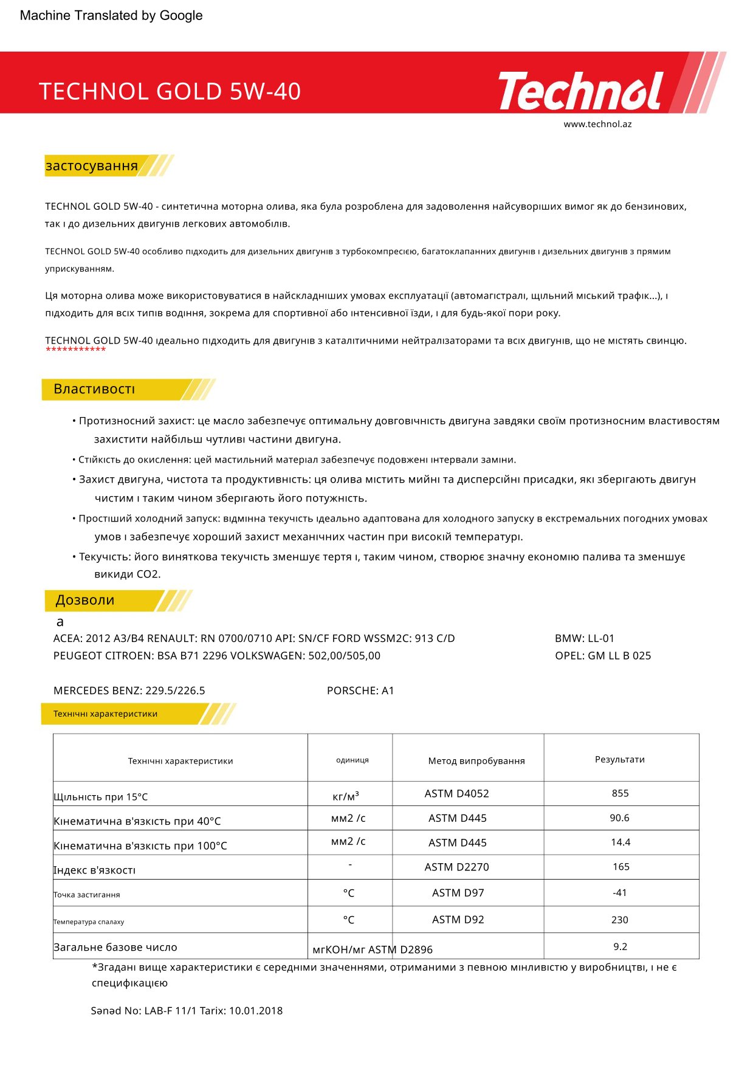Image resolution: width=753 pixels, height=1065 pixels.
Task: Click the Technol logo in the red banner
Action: point(580,91)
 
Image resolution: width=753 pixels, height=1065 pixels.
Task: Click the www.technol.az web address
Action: point(597,124)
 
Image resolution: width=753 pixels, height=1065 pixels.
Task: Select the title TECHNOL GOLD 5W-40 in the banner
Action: point(170,91)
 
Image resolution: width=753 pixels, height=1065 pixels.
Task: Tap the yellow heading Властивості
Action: point(94,389)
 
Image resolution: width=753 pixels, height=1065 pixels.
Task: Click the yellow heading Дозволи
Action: point(85,600)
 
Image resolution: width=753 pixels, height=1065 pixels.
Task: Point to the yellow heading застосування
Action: point(92,166)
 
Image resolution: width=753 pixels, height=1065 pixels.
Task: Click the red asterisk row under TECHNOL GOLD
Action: point(76,350)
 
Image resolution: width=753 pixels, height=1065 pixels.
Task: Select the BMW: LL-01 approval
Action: point(585,638)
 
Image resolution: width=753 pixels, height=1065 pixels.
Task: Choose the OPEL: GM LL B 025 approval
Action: point(603,656)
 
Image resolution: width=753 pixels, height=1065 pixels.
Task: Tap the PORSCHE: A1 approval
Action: point(360,691)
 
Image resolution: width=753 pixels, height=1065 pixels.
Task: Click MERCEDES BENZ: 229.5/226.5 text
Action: point(129,691)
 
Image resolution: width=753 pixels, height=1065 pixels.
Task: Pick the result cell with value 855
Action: point(620,793)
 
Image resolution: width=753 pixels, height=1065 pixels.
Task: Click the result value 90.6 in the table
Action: point(620,818)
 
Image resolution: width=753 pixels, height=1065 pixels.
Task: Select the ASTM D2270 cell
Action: point(457,867)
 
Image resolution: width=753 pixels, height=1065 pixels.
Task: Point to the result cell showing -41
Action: point(620,893)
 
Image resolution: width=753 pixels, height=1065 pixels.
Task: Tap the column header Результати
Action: point(620,759)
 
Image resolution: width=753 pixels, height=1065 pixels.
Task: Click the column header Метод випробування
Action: point(476,761)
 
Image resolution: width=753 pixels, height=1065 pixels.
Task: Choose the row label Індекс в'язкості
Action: point(95,870)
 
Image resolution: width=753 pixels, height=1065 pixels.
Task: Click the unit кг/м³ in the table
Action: point(346,796)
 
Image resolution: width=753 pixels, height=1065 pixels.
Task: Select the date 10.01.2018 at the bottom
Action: point(256,1011)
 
